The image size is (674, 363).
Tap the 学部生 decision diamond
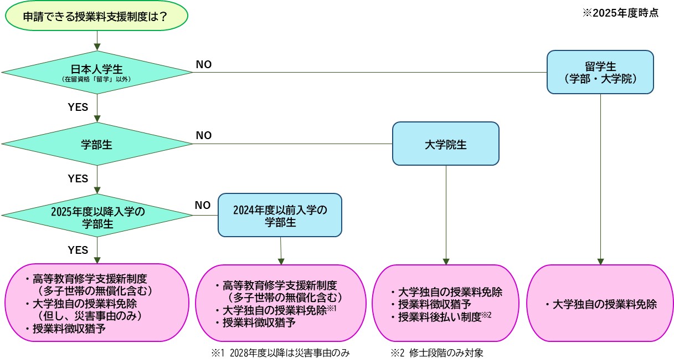tap(97, 144)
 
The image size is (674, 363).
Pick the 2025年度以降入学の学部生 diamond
tap(97, 217)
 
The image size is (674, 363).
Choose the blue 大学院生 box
tap(446, 144)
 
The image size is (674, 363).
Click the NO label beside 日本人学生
tap(203, 65)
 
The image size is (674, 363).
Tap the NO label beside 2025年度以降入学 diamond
tap(203, 205)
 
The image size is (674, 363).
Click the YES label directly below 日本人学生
tap(78, 107)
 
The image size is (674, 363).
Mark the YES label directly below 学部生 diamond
tap(78, 178)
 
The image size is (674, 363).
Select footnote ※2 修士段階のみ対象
tap(437, 353)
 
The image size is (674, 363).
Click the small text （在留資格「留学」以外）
tap(97, 80)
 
